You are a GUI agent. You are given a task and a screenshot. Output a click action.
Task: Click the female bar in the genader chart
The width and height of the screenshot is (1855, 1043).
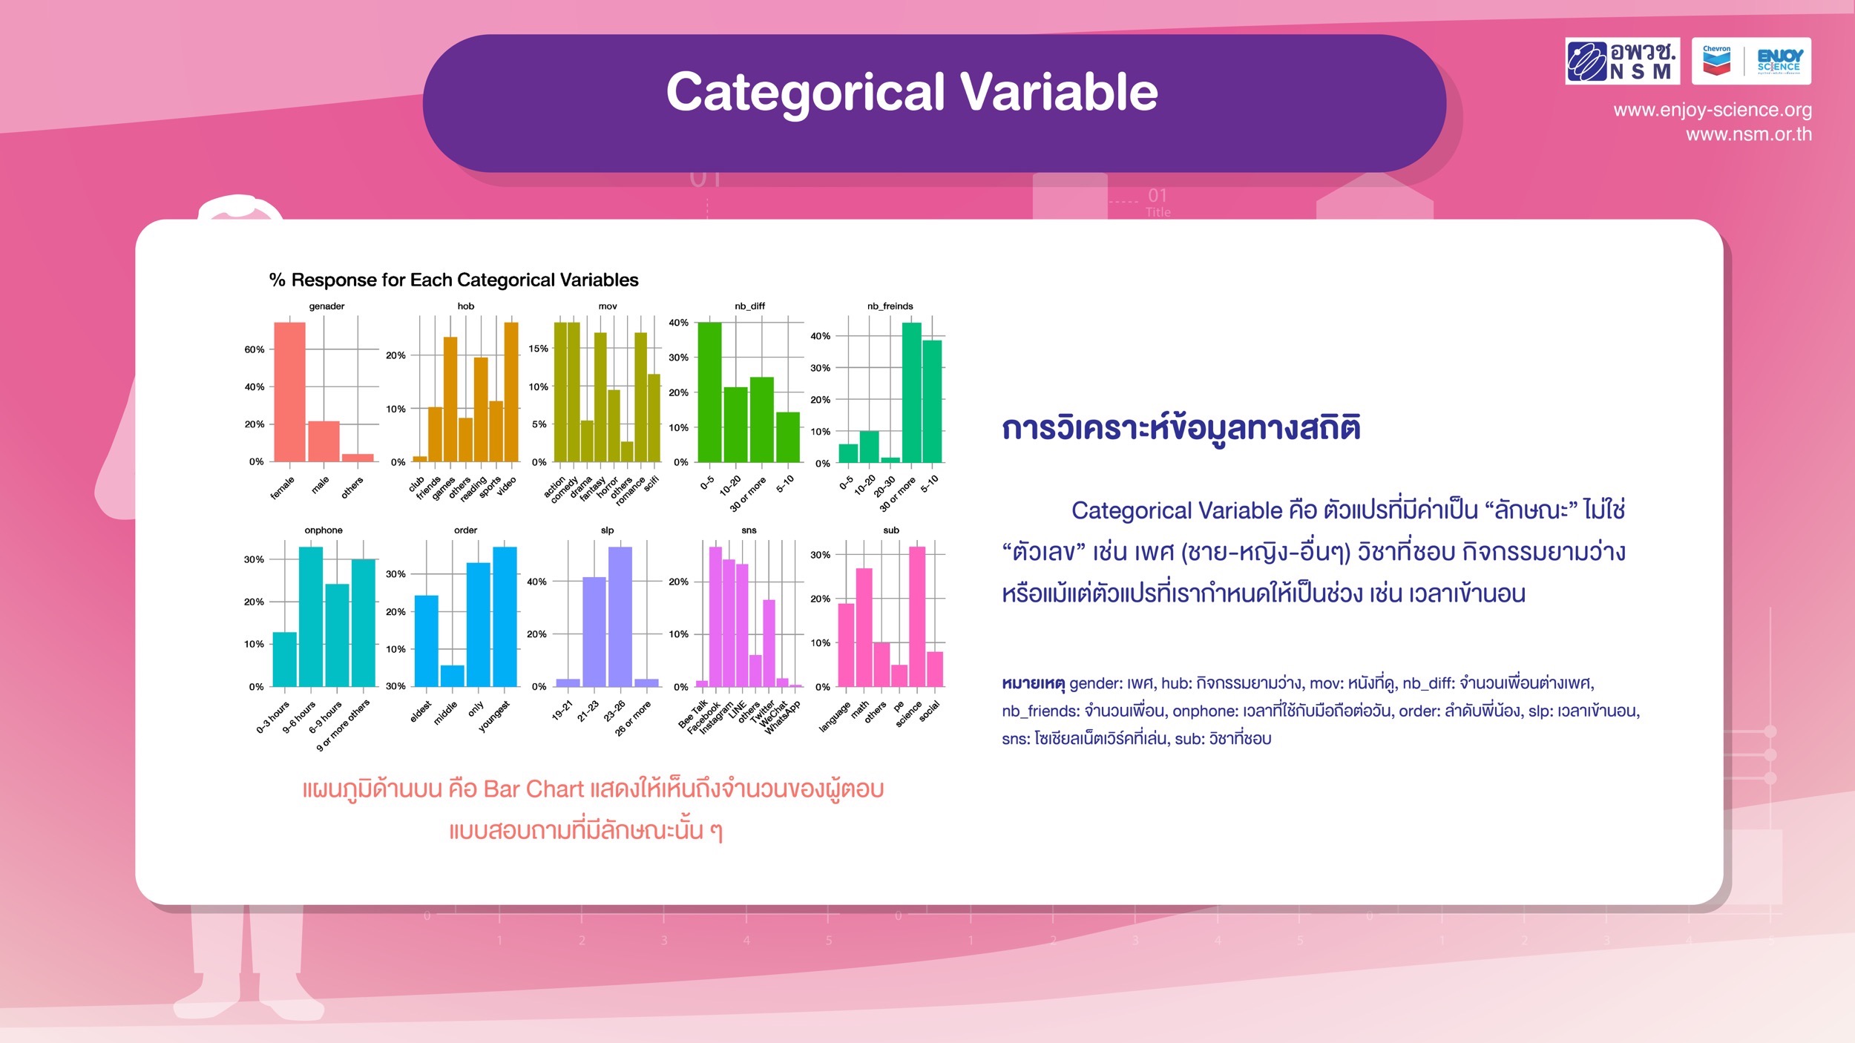pos(289,392)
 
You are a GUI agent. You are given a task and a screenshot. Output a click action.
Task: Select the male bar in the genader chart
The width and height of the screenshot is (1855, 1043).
pos(324,441)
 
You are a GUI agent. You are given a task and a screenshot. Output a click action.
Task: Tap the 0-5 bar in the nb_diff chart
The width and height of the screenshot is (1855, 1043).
pos(709,392)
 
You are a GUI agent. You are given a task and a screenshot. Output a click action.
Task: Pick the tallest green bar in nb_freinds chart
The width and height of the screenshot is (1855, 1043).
pos(911,392)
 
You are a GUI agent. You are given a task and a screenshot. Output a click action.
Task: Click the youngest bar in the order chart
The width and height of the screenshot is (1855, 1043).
pos(505,616)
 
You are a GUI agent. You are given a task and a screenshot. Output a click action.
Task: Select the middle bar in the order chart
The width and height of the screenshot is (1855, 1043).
pos(452,676)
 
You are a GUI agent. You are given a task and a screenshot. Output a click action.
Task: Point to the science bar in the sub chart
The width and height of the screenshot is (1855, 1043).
pos(917,616)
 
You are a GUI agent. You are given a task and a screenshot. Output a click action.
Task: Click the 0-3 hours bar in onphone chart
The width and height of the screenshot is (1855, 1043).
pos(284,659)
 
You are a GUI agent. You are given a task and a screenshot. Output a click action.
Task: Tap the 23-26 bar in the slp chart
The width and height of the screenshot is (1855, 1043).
pos(620,616)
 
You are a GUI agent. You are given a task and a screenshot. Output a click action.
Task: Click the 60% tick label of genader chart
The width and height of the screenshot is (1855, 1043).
pos(255,349)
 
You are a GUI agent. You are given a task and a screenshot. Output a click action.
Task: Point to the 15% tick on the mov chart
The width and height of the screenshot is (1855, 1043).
pos(538,349)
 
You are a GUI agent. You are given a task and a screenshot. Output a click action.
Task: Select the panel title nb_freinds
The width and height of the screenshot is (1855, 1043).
pos(890,306)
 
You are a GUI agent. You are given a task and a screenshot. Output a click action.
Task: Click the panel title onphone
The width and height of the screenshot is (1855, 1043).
pos(324,530)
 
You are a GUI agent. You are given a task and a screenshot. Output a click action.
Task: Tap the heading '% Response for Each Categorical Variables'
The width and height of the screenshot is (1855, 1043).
pos(453,280)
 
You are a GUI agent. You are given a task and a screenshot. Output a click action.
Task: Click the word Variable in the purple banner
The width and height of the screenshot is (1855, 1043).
pos(1060,92)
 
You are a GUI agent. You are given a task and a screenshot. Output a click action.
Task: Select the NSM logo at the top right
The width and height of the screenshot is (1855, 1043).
pos(1623,61)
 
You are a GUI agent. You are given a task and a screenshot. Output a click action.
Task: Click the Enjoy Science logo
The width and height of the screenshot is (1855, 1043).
pos(1751,61)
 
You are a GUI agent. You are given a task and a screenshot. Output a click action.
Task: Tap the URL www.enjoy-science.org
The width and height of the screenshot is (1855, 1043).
pos(1713,111)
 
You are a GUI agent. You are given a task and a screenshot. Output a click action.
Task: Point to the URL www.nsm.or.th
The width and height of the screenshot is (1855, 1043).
pos(1749,134)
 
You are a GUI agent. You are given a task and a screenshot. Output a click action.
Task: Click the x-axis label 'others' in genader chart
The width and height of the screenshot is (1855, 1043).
pos(352,487)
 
